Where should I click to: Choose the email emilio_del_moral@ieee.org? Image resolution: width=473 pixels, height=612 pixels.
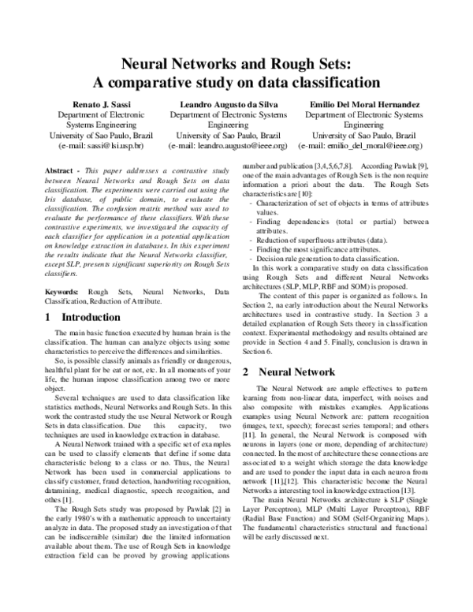coord(363,146)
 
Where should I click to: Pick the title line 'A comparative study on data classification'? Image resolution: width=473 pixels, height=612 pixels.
coord(236,82)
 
